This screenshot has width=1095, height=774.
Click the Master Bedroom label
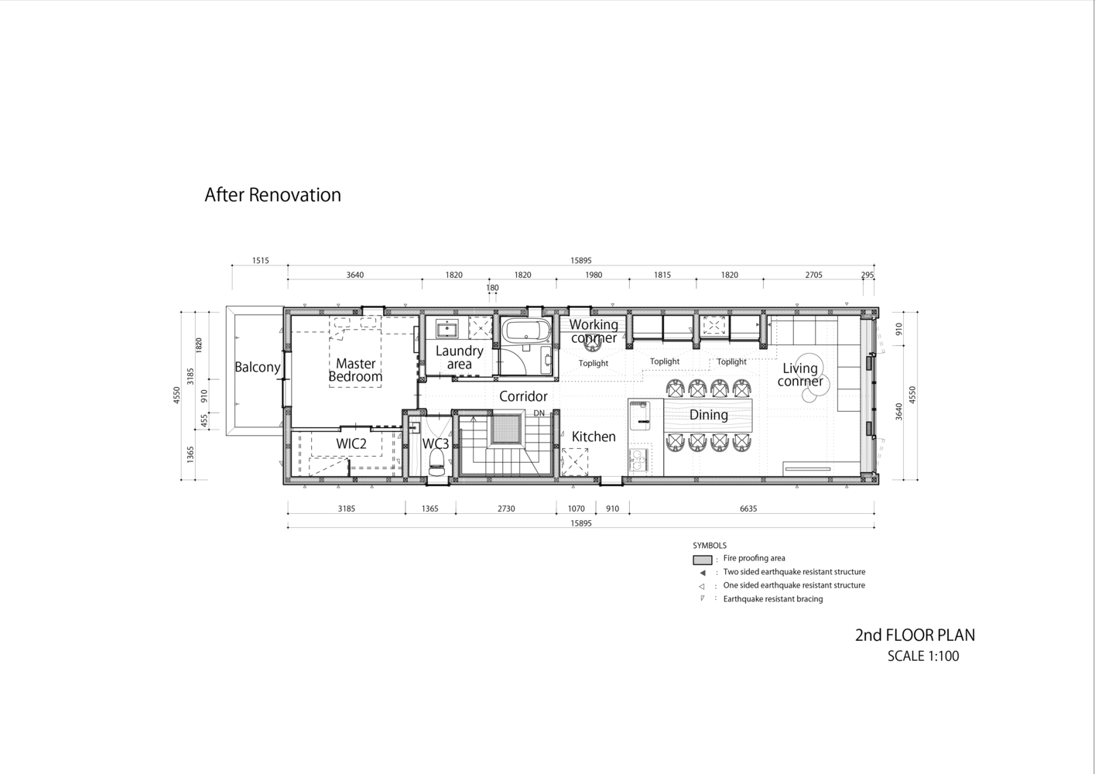coord(355,370)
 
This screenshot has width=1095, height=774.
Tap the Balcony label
coord(258,367)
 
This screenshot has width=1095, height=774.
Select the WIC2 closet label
coord(351,444)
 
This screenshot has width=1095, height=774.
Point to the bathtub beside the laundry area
coord(524,330)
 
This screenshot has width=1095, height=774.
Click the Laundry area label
coord(459,358)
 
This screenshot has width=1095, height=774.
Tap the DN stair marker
coord(539,413)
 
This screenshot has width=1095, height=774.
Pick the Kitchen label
coord(594,437)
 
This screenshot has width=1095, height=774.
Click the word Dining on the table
coord(708,415)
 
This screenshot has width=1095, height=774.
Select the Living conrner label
coord(800,375)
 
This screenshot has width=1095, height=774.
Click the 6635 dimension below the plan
coord(748,509)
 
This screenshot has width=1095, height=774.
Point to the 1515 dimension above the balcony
coord(261,261)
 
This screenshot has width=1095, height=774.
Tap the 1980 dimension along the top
coord(594,275)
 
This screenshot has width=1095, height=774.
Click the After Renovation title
coord(272,194)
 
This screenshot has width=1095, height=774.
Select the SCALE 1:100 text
coord(923,656)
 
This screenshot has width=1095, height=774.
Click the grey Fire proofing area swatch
coord(702,560)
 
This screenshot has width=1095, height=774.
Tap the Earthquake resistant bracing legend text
coord(773,599)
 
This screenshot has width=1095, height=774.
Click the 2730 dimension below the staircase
coord(506,509)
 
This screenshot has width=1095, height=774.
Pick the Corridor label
coord(523,396)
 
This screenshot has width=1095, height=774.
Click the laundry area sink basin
coord(447,329)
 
